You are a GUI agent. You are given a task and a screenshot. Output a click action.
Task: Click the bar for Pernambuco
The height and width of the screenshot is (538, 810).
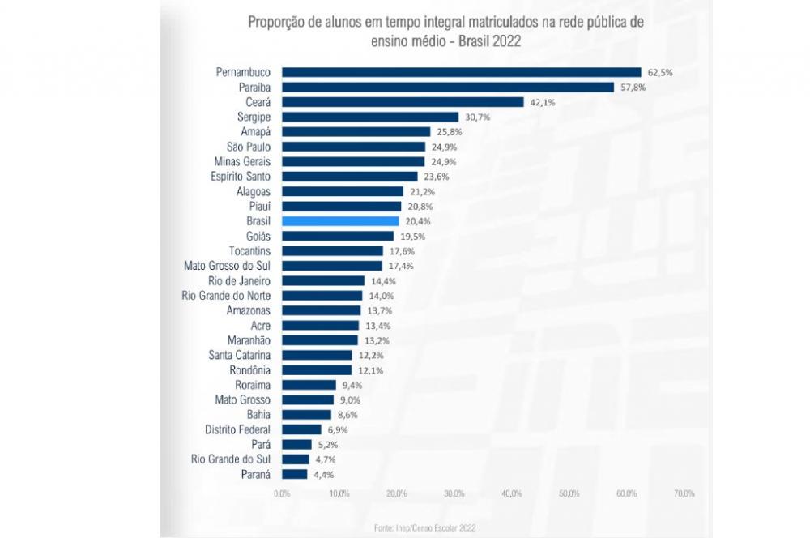point(461,72)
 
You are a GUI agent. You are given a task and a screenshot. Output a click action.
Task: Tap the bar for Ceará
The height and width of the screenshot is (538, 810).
point(403,102)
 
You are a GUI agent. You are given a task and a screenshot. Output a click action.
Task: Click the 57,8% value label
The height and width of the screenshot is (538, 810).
point(633,88)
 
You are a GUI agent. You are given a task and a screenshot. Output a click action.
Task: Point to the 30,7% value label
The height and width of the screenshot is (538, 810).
point(478,117)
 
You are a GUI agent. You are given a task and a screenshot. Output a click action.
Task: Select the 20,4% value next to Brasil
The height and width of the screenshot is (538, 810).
point(419,221)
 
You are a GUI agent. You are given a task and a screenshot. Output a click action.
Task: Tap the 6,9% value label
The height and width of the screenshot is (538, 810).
point(338,429)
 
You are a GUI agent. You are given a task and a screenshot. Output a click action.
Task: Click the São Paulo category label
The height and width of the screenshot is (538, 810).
point(249,147)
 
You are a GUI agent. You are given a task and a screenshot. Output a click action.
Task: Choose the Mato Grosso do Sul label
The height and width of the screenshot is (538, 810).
point(228,266)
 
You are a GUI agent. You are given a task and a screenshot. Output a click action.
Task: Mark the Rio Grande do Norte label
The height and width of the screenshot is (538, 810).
point(227,296)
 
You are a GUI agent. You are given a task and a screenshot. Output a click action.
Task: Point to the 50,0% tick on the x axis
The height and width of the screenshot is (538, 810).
point(569,493)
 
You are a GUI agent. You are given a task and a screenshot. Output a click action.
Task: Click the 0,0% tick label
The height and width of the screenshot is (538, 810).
point(282,493)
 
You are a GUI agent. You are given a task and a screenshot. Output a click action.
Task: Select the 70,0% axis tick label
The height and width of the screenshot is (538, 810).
point(684,493)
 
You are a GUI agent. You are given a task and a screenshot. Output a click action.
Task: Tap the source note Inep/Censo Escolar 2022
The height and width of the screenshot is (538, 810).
point(424,527)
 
